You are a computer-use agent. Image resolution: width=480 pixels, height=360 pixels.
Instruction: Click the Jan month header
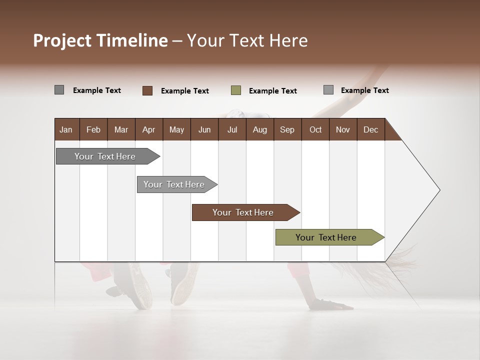66,129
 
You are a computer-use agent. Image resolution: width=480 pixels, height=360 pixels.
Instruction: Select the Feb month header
93,129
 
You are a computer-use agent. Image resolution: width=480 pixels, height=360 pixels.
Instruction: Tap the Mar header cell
121,129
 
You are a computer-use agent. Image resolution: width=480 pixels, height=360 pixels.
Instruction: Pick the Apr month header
148,129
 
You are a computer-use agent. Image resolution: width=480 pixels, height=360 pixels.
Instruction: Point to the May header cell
176,129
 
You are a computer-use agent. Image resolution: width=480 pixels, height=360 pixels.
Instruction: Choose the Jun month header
204,129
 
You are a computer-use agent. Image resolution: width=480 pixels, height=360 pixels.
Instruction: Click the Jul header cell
232,129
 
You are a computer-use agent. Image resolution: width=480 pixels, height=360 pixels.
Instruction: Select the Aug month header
259,129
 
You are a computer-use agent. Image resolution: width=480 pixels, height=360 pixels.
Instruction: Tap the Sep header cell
287,129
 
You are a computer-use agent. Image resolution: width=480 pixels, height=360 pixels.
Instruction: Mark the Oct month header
315,129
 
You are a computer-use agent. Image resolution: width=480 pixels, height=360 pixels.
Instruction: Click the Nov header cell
343,129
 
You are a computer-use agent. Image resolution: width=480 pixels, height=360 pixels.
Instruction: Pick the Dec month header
370,129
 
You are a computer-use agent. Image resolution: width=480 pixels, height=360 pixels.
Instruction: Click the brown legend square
147,90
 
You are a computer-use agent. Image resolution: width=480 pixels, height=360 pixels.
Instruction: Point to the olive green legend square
236,90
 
